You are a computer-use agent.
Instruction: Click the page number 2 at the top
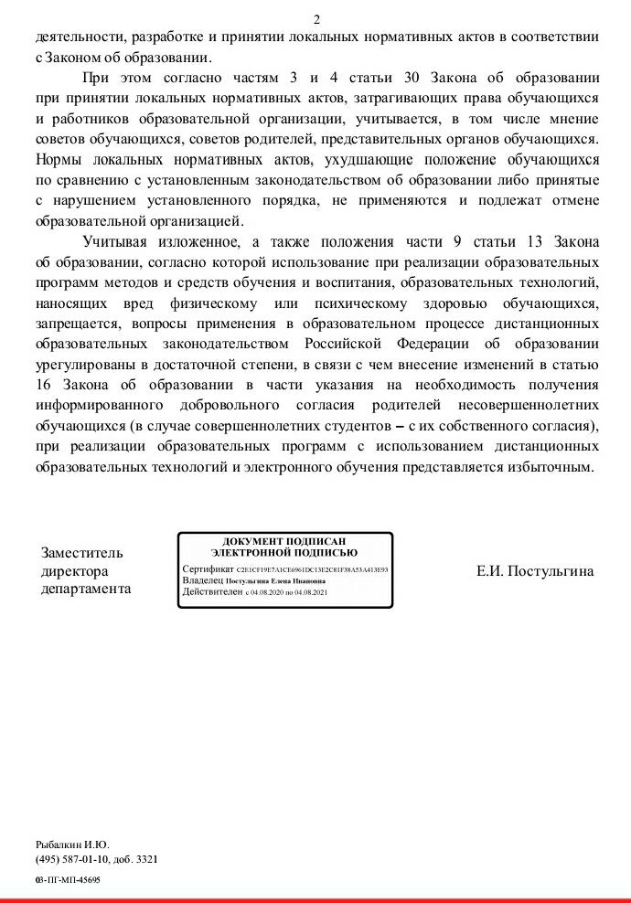tap(316, 19)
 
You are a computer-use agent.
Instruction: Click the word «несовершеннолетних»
tap(529, 405)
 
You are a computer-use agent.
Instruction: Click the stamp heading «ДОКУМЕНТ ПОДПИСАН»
tap(284, 541)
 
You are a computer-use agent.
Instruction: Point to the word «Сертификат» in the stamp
tap(208, 568)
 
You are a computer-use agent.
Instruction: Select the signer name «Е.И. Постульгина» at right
tap(535, 571)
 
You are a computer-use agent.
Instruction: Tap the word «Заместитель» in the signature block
tap(82, 553)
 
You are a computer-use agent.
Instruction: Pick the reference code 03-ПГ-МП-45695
tap(68, 879)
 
